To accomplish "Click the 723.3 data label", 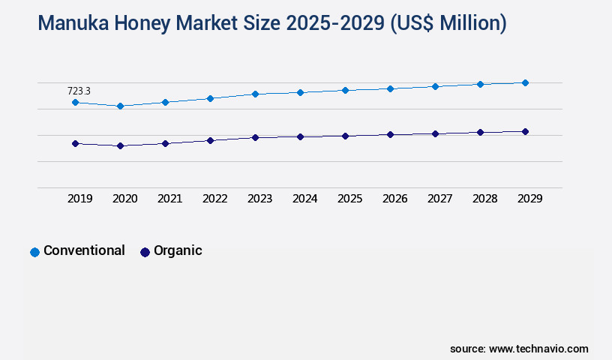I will point(79,91).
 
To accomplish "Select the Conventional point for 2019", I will point(75,102).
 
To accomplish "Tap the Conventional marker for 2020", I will point(120,106).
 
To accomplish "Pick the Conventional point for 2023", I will point(255,94).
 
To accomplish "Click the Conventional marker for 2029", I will point(525,82).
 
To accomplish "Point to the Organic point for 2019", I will point(75,143).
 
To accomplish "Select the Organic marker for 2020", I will point(120,145).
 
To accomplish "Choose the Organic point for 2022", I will point(210,140).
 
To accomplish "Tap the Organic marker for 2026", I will point(390,134).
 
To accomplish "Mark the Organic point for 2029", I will point(525,131).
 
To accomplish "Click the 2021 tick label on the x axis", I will point(169,199).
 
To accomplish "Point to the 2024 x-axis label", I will point(304,199).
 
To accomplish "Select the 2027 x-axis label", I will point(439,199).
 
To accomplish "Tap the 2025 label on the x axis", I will point(349,199).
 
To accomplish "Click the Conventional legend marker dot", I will point(34,252).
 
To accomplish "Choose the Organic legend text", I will point(178,250).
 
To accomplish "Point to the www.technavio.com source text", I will point(538,349).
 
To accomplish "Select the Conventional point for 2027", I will point(435,86).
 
